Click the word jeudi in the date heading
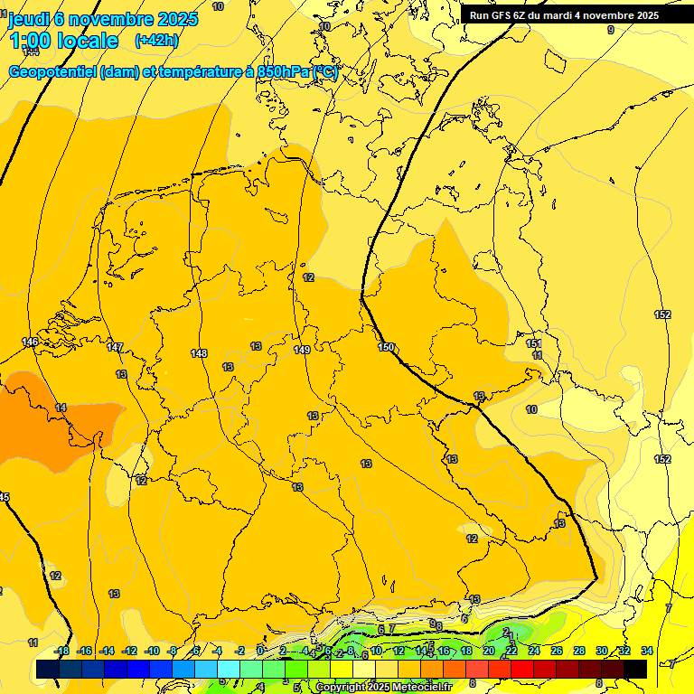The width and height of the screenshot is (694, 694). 29,18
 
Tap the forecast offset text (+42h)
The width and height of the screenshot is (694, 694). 156,40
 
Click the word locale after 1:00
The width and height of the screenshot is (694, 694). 88,41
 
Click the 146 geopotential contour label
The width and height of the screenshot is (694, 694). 31,342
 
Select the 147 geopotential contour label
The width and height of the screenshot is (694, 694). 115,347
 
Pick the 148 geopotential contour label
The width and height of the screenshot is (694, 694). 200,353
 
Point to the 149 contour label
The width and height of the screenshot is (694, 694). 303,350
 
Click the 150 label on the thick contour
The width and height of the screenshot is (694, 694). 386,347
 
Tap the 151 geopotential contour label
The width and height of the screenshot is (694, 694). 534,344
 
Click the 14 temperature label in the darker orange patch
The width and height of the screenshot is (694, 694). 61,408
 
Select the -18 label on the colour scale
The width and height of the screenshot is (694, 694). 62,651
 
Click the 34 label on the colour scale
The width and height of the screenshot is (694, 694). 646,651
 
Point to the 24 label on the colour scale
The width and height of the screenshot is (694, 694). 534,651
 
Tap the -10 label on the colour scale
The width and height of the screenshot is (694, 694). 152,651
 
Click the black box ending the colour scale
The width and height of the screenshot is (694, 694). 636,669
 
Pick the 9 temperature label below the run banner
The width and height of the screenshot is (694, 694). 610,30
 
